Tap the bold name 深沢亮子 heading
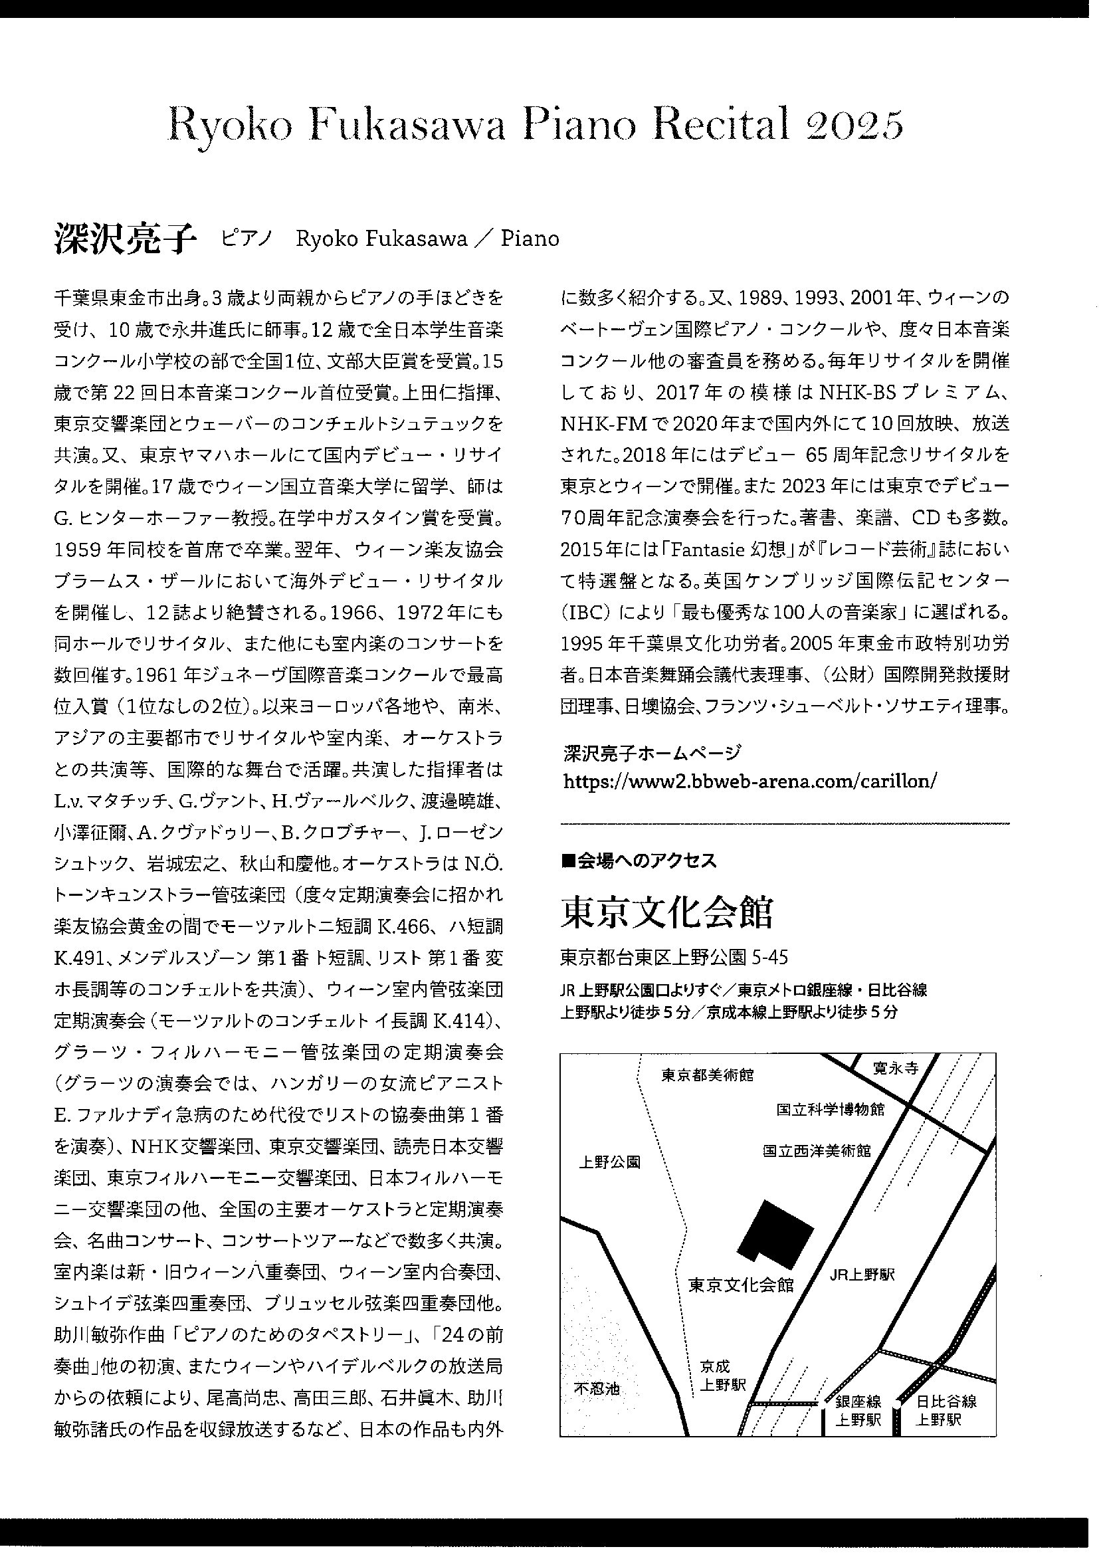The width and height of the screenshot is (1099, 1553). click(x=124, y=239)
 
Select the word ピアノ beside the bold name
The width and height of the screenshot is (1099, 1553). click(x=247, y=239)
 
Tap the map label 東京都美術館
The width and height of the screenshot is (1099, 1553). click(x=707, y=1075)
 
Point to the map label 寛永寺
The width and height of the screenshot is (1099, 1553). click(x=895, y=1069)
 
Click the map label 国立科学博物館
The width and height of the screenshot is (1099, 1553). click(x=831, y=1110)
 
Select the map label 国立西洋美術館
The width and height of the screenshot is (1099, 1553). click(x=817, y=1150)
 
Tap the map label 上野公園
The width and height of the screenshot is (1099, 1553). click(x=610, y=1162)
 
